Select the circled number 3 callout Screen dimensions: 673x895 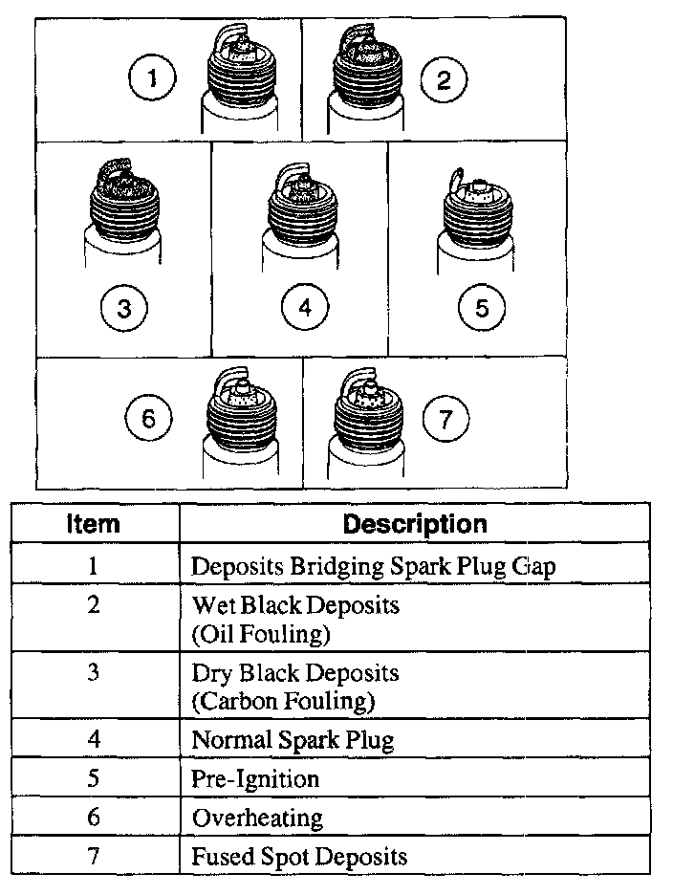coord(124,308)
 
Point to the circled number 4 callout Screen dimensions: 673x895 coord(305,308)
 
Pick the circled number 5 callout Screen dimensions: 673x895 coord(481,308)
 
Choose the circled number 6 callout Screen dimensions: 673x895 coord(148,419)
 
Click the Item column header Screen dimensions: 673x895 coord(94,524)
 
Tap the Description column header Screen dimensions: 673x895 coord(414,524)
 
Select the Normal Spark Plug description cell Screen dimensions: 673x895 coord(293,739)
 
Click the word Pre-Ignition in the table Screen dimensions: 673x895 coord(255,778)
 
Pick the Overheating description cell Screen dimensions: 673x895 coord(257,818)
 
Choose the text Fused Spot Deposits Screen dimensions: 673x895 coord(299,856)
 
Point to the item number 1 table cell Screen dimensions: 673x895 coord(94,565)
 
